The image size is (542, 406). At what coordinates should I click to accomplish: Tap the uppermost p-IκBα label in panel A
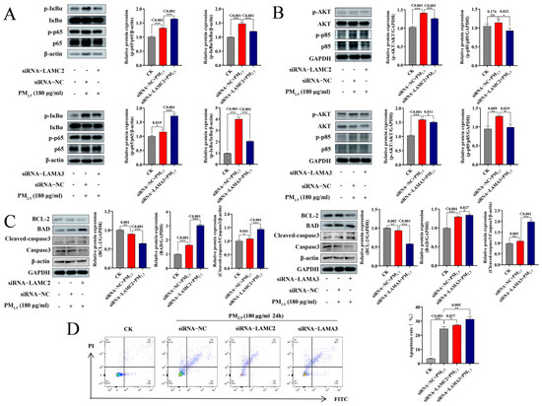point(22,9)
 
